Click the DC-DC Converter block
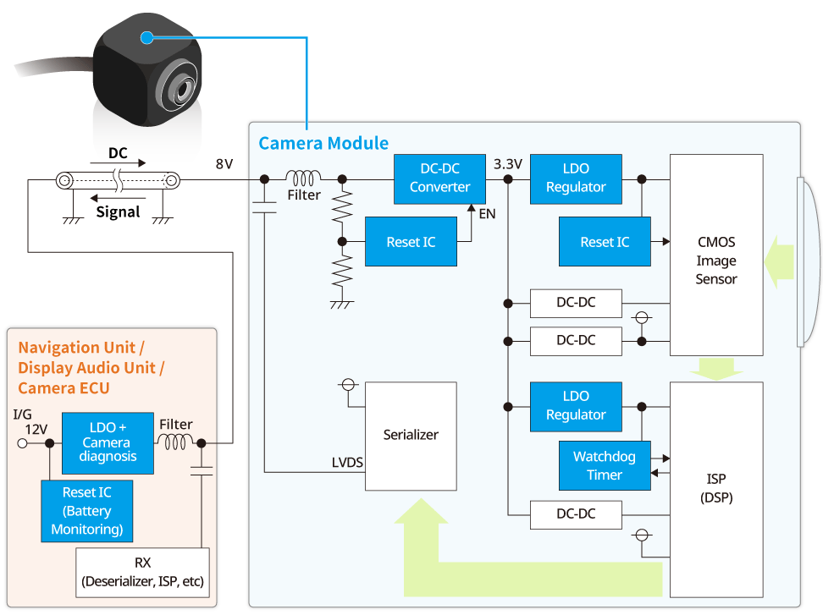pyautogui.click(x=439, y=178)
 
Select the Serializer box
pyautogui.click(x=411, y=435)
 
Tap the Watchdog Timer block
pyautogui.click(x=604, y=465)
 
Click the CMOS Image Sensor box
pyautogui.click(x=715, y=255)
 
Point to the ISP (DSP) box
pyautogui.click(x=715, y=489)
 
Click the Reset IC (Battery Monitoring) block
pyautogui.click(x=87, y=511)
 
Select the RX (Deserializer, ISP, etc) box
pyautogui.click(x=142, y=573)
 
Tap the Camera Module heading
pyautogui.click(x=323, y=143)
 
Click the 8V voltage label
pyautogui.click(x=224, y=164)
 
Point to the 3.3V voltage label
pyautogui.click(x=508, y=164)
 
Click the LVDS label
pyautogui.click(x=348, y=463)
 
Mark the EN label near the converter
pyautogui.click(x=487, y=214)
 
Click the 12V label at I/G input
pyautogui.click(x=36, y=429)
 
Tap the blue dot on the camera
pyautogui.click(x=147, y=37)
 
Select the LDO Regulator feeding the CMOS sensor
pyautogui.click(x=576, y=178)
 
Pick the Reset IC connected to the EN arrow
pyautogui.click(x=411, y=242)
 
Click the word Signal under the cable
pyautogui.click(x=118, y=211)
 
